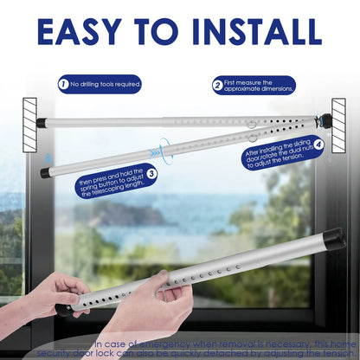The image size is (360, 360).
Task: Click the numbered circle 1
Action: click(x=63, y=85)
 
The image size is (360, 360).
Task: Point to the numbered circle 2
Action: click(x=217, y=85)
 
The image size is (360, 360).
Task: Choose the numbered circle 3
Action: click(x=151, y=174)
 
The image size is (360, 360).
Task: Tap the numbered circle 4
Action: click(x=318, y=145)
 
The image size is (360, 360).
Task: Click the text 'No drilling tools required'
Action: click(x=105, y=85)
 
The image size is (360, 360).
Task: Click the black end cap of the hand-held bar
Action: click(x=333, y=235)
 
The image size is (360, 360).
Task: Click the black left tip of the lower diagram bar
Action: click(x=45, y=173)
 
